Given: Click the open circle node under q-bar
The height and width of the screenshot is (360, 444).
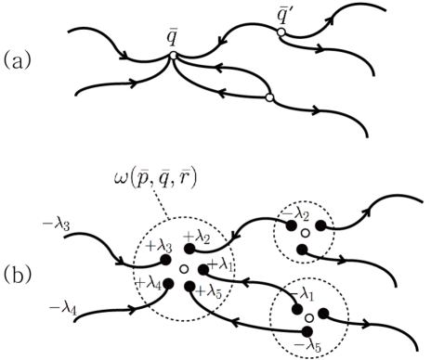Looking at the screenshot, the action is [172, 58].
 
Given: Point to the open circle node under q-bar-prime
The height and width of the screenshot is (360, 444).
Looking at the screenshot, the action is [281, 32].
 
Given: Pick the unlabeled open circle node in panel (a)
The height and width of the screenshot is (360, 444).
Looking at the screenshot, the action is [268, 97].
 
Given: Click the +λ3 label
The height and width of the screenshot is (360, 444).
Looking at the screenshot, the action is [161, 246].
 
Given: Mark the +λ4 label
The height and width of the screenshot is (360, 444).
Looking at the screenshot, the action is [150, 282].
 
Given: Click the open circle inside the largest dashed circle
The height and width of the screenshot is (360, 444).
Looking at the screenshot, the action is [184, 269].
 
